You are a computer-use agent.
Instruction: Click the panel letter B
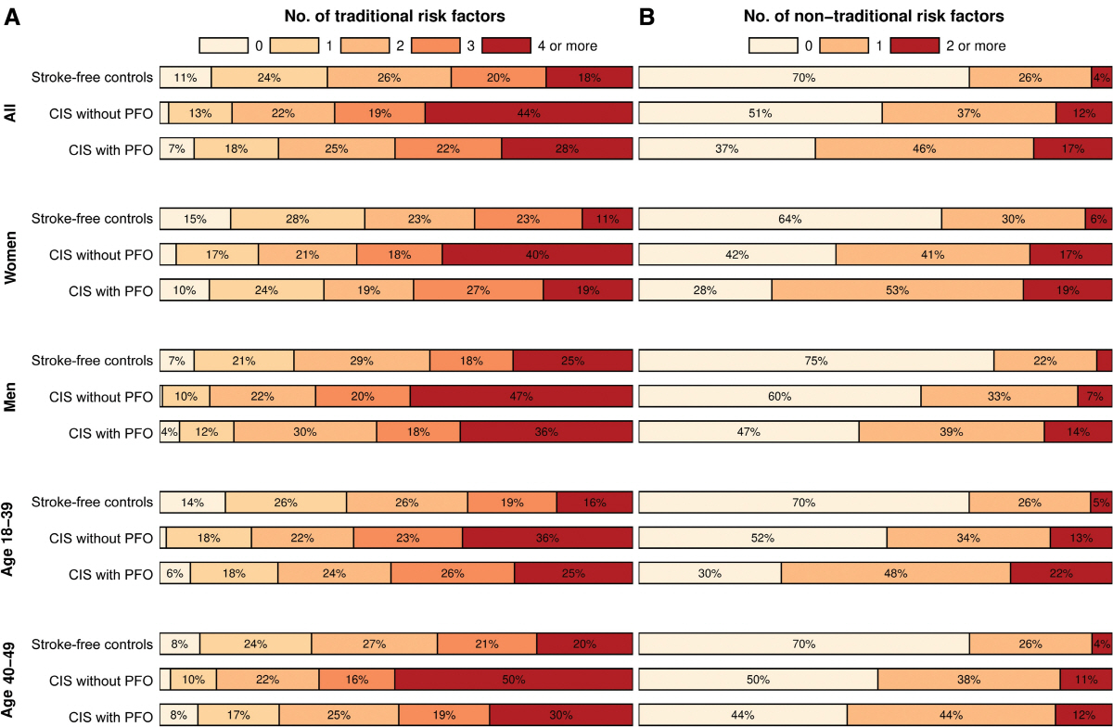[647, 18]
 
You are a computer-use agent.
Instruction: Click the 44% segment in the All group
[529, 113]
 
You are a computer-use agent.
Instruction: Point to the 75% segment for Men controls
[816, 361]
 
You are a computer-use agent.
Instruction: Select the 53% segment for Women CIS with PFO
[897, 290]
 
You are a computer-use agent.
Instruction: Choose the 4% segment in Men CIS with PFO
[170, 432]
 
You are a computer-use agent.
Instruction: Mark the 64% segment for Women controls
[790, 219]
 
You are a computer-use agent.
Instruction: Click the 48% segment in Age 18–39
[895, 574]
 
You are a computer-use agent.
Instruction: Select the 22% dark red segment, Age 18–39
[1060, 574]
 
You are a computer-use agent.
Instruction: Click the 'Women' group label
[12, 254]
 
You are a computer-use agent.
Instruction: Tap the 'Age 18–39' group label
[12, 538]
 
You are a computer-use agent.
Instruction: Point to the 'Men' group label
[12, 396]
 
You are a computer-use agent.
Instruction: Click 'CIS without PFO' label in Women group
[101, 255]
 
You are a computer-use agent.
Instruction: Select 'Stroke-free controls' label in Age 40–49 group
[92, 644]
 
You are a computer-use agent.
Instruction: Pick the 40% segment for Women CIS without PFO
[537, 255]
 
